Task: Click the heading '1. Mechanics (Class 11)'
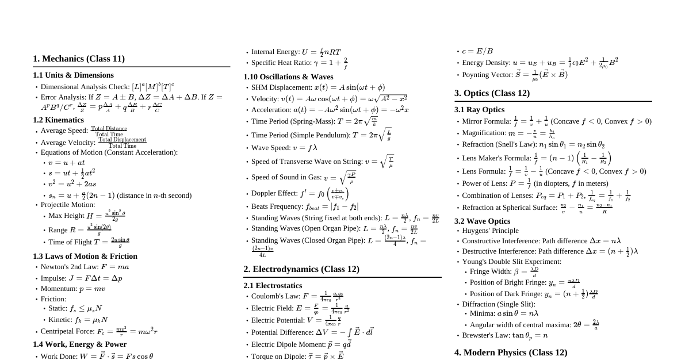coord(79,59)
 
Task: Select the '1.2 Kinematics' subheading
coord(58,120)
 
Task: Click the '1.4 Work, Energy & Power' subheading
coord(79,344)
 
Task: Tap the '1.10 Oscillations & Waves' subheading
coord(288,77)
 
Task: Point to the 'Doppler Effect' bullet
coord(300,193)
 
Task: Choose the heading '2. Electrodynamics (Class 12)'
coord(301,269)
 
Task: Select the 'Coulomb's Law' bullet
coord(297,297)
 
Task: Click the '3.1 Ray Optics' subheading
coord(479,110)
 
